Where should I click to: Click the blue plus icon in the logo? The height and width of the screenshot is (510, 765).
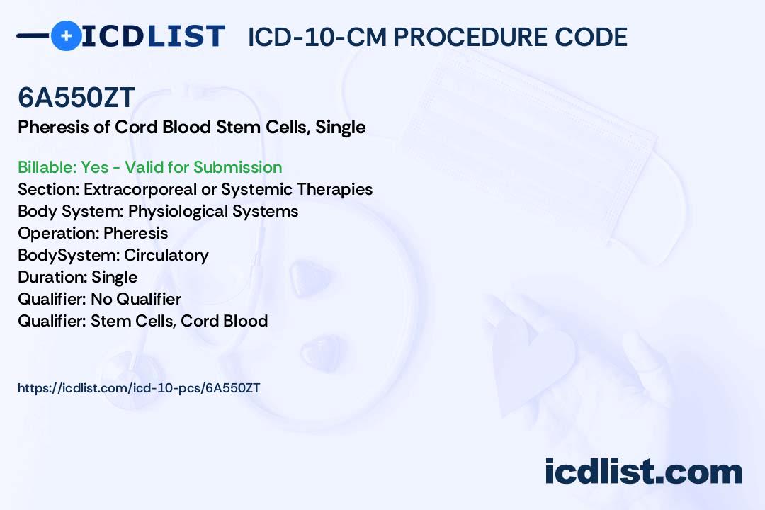point(66,35)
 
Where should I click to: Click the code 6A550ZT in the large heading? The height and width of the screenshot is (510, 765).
point(76,98)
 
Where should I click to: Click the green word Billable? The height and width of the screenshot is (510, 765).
point(47,167)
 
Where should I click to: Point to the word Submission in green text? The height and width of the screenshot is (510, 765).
point(237,167)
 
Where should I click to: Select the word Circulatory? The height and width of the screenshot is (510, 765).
point(166,255)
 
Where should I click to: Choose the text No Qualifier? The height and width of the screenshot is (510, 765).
point(136,299)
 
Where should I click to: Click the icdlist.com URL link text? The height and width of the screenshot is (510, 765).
point(139,388)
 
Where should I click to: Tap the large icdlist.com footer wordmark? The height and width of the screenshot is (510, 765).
point(643,471)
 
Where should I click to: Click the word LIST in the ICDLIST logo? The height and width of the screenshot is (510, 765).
point(186,37)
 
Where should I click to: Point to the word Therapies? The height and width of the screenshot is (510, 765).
point(334,189)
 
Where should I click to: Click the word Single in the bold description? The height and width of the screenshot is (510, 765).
point(341,127)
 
